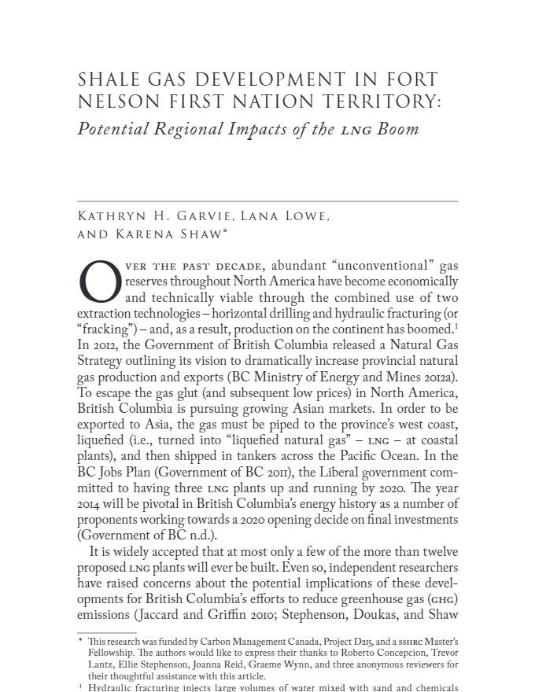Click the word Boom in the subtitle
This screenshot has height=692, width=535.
[398, 129]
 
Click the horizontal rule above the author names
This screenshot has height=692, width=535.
[267, 202]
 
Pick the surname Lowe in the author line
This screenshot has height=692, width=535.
[304, 217]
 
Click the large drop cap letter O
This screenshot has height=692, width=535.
[100, 284]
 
